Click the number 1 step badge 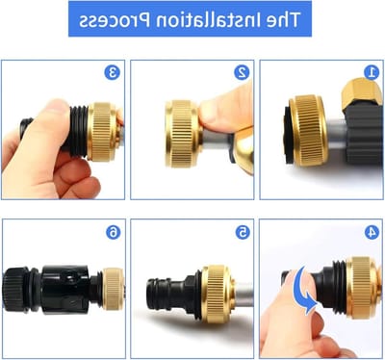[x=372, y=72]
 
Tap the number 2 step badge [x=242, y=72]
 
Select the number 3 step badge [x=113, y=72]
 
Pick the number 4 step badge [x=372, y=232]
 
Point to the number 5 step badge [x=243, y=232]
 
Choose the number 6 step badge [x=114, y=232]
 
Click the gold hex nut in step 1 [x=362, y=93]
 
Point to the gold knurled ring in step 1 [x=308, y=131]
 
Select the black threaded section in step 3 [x=79, y=131]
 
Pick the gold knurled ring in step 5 [x=216, y=294]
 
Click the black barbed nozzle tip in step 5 [x=158, y=294]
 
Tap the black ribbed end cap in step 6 [x=15, y=289]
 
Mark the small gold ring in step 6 [x=113, y=289]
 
